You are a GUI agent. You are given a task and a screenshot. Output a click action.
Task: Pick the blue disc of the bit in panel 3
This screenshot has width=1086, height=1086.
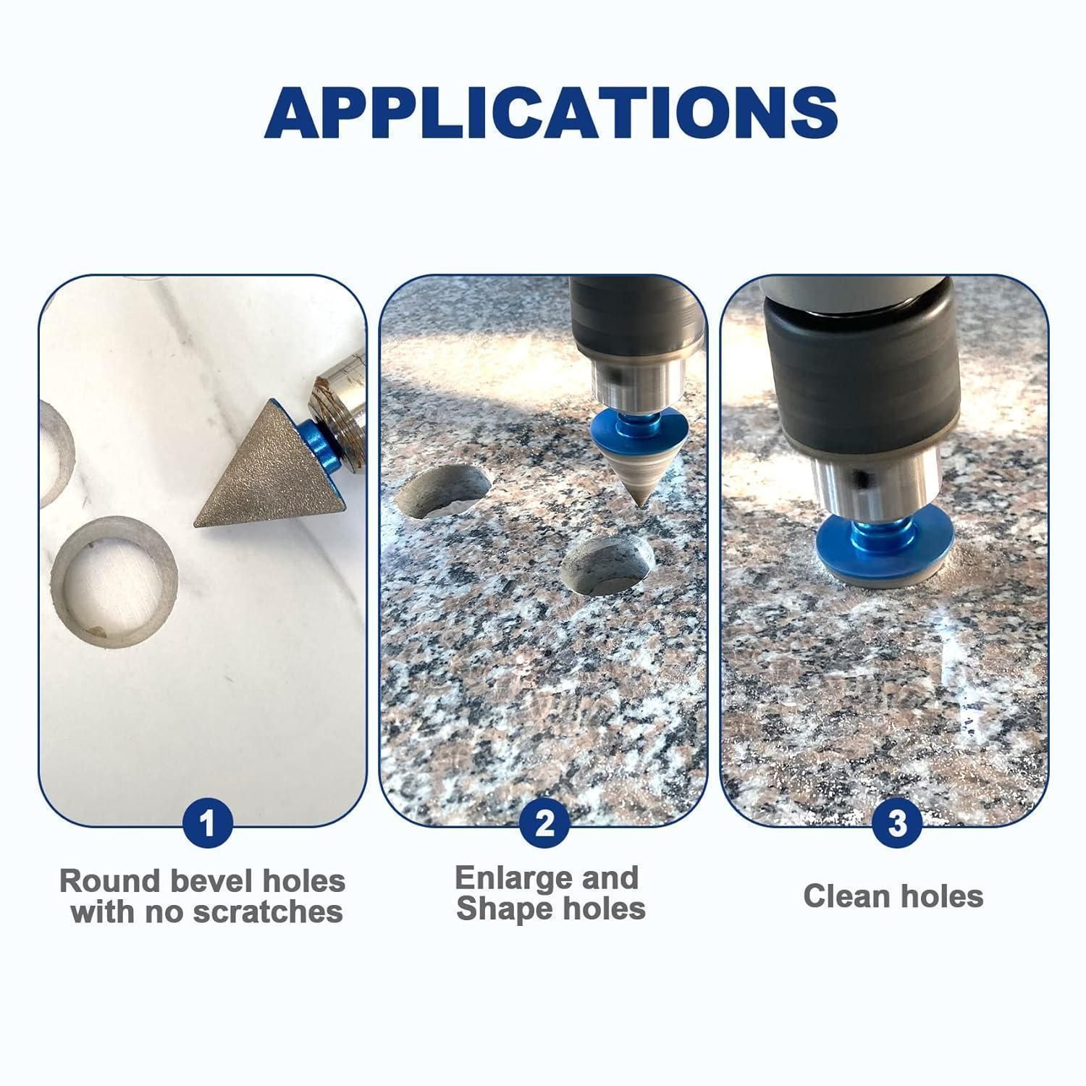click(883, 534)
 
